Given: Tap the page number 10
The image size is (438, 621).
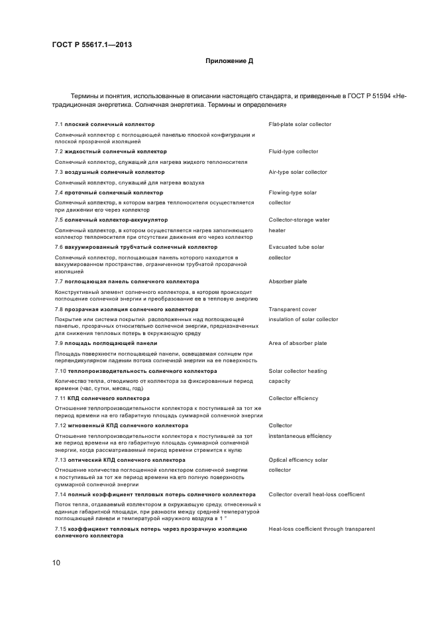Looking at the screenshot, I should click(56, 563).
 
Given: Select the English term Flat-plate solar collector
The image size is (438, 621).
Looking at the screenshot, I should click(300, 124).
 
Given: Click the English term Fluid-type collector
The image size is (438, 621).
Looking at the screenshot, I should click(293, 151).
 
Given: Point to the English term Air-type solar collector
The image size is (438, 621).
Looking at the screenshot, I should click(298, 172).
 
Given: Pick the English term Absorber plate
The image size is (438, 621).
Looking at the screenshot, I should click(288, 281).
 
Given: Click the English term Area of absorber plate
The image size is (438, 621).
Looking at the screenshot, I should click(298, 343).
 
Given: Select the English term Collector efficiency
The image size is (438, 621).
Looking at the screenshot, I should click(293, 398).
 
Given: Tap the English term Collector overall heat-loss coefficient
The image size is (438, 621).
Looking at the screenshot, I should click(316, 494).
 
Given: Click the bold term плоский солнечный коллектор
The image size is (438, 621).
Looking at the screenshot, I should click(109, 124).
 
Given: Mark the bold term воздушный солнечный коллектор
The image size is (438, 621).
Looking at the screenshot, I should click(114, 172).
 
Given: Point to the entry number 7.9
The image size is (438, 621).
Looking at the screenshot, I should click(59, 343).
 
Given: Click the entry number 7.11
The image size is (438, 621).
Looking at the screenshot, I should click(60, 398).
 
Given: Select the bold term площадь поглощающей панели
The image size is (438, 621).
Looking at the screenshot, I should click(111, 343).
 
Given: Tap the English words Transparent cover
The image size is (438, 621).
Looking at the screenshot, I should click(292, 309).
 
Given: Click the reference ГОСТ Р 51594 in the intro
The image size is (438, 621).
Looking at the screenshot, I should click(366, 96).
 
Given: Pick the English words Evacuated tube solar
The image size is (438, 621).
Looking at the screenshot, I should click(296, 247).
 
